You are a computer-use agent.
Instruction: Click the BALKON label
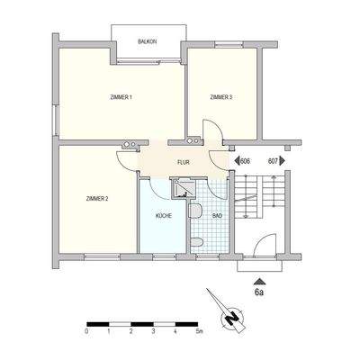[148, 41]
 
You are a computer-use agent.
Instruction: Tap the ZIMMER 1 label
[121, 97]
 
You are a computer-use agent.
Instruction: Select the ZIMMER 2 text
[98, 198]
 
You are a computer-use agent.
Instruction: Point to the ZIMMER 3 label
[221, 97]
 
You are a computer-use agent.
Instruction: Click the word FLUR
[183, 164]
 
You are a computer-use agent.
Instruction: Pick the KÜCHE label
[163, 217]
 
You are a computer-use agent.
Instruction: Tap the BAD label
[217, 217]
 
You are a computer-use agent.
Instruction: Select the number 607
[273, 161]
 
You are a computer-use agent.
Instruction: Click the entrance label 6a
[259, 292]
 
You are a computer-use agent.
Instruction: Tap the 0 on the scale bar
[87, 331]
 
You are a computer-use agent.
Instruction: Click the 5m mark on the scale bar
[201, 331]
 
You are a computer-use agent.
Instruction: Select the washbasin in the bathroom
[196, 243]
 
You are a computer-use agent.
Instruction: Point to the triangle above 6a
[259, 279]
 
